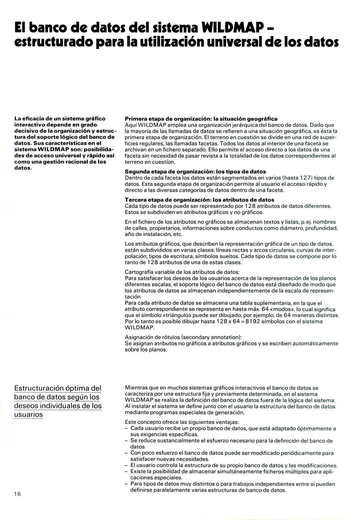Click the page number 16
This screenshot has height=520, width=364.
click(18, 494)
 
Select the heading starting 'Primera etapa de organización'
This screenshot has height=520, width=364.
click(201, 119)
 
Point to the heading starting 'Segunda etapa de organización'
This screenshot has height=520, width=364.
click(195, 171)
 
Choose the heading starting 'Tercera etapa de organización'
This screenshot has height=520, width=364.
click(199, 199)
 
